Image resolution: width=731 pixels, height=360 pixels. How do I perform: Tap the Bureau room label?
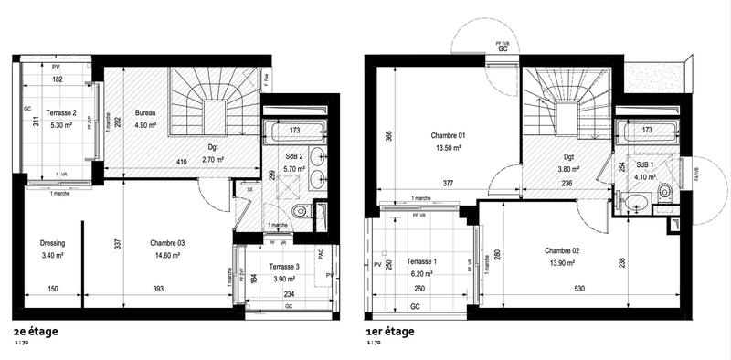[x=145, y=113]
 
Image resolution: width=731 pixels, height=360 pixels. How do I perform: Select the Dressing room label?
[x=54, y=243]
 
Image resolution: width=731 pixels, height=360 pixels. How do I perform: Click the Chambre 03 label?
[x=167, y=243]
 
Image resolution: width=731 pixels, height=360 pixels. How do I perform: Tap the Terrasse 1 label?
[x=420, y=261]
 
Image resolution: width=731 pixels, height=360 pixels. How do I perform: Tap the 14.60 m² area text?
[x=167, y=255]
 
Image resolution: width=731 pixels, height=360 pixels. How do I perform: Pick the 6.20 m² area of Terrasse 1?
[x=420, y=273]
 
